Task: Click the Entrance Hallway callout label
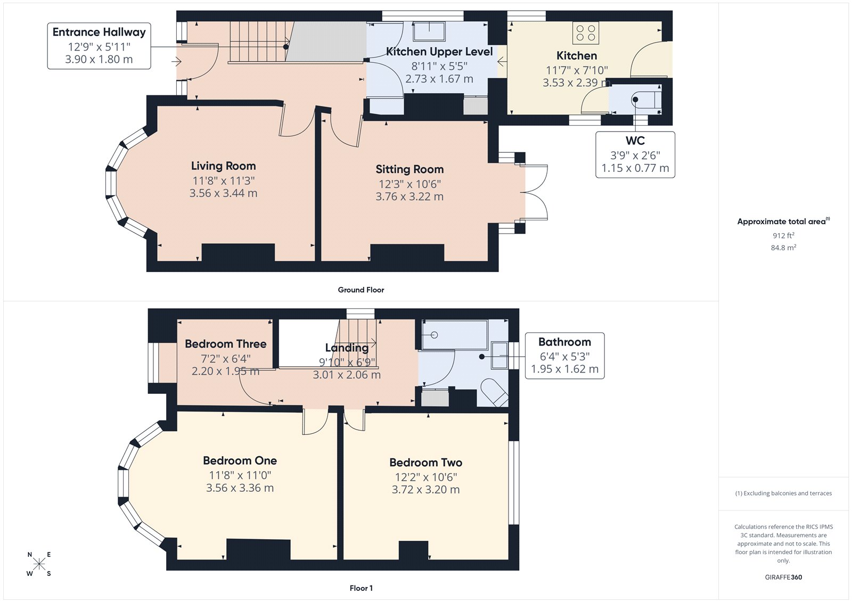99,32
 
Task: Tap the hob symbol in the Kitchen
585,32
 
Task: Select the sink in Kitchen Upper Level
429,31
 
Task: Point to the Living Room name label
223,166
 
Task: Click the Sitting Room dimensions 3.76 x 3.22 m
409,196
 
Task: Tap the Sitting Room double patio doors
536,193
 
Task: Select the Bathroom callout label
564,342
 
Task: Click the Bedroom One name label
240,460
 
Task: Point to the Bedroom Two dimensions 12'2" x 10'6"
425,477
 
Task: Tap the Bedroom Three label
225,344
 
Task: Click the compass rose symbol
39,564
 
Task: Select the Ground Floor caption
361,290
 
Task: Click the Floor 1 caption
361,588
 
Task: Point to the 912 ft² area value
783,235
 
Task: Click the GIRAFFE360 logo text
783,577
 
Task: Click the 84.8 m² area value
783,248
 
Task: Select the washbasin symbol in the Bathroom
499,356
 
